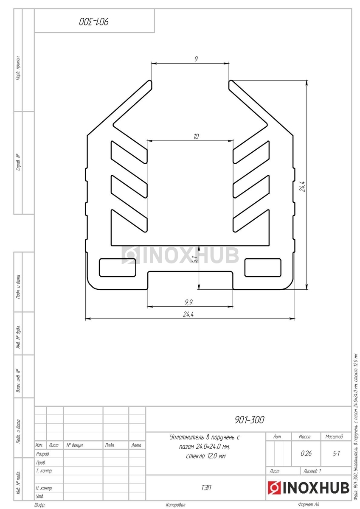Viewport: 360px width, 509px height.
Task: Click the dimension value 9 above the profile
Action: pos(196,59)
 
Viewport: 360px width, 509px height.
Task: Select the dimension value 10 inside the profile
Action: pos(196,136)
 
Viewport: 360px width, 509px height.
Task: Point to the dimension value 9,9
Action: pos(188,302)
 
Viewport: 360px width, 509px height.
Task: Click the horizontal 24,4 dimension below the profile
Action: pos(188,314)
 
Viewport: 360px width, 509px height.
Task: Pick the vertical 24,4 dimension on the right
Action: pos(303,186)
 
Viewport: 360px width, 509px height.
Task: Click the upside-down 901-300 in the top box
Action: pos(94,22)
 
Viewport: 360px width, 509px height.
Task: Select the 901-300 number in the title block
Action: pos(249,420)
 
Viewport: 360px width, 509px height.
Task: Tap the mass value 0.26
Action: pos(306,453)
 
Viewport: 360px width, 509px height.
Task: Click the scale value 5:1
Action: pos(336,453)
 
